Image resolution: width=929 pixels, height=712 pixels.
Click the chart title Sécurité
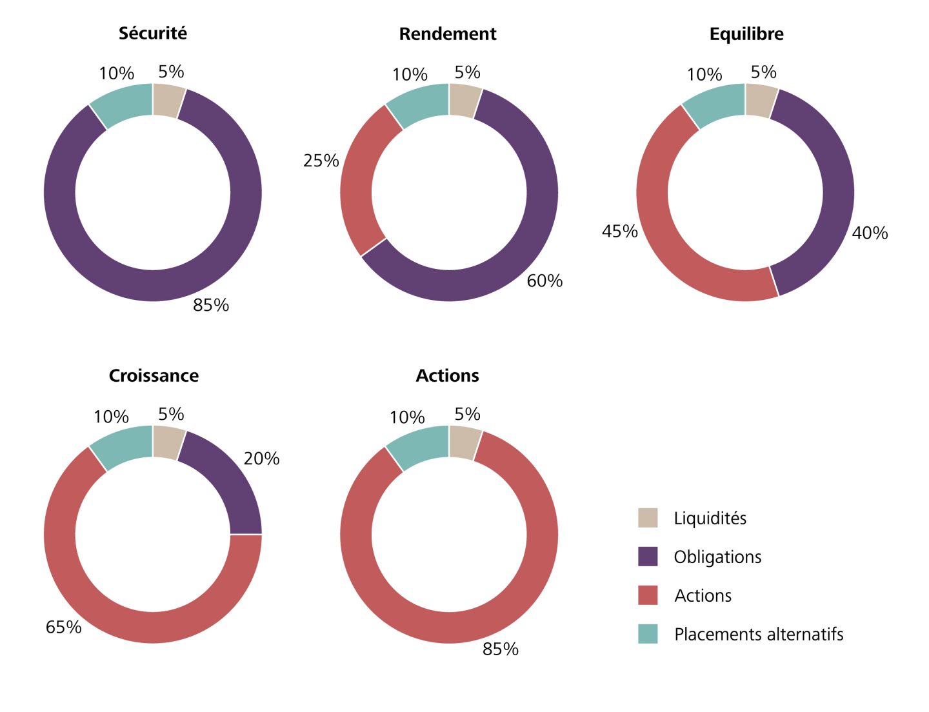coord(153,34)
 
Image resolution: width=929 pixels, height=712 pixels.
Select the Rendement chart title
coord(448,34)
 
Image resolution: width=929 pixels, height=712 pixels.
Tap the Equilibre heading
coord(746,34)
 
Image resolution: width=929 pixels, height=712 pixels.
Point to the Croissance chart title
coord(154,376)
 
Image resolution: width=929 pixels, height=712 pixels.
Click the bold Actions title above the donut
coord(447,376)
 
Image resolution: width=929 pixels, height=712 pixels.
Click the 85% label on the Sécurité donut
coord(211,305)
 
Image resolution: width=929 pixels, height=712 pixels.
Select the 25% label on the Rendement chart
coord(321,161)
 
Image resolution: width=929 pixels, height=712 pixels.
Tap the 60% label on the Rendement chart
coord(544,281)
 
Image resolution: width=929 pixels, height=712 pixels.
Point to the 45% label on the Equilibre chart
coord(620,232)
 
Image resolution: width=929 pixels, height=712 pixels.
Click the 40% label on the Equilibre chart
coord(870,233)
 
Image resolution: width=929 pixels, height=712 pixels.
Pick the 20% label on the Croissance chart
coord(261,459)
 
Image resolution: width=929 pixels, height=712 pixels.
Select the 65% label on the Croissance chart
coord(63,627)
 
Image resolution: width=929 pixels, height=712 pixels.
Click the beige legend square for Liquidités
coord(648,518)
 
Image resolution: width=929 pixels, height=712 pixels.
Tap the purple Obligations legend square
coord(648,557)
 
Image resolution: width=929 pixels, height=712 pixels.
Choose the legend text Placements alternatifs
coord(759,635)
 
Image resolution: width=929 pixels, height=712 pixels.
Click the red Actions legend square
coord(648,595)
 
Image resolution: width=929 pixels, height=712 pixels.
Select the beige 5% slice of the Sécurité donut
coord(168,101)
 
